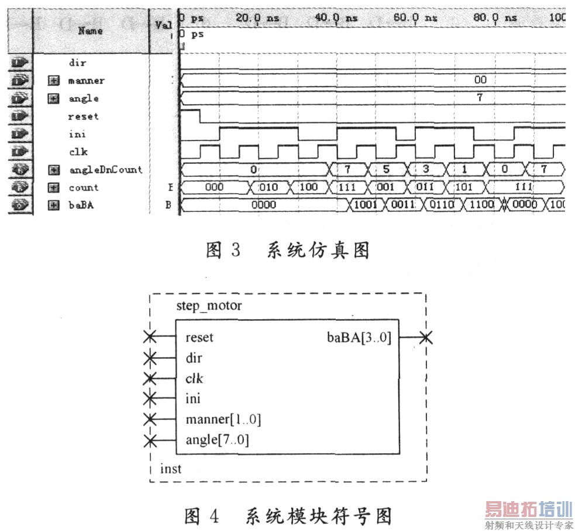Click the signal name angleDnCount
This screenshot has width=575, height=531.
[105, 170]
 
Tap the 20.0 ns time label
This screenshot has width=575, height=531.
[257, 18]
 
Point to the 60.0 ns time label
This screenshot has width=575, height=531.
[415, 18]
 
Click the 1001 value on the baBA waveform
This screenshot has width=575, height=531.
[366, 205]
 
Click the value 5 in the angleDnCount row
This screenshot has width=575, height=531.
[386, 170]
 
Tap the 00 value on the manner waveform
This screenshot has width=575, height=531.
[480, 80]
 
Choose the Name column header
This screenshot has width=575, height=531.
[90, 30]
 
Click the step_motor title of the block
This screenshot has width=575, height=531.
[209, 306]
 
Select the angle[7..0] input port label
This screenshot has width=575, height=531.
[217, 440]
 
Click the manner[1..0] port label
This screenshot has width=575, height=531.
[223, 419]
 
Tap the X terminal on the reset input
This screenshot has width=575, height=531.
[150, 337]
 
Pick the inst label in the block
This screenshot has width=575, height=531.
[171, 469]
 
